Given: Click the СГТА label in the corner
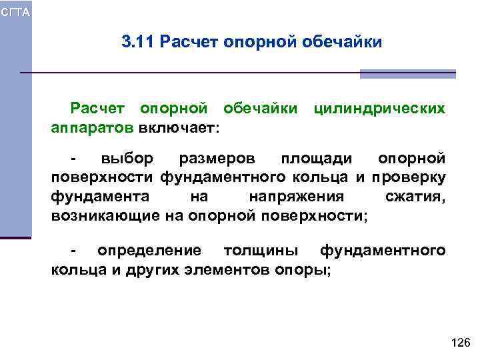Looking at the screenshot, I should coord(15,11).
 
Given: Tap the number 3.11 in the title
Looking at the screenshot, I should coord(137,43).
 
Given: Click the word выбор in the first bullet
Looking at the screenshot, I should coord(127,159).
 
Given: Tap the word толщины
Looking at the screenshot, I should coord(261,251).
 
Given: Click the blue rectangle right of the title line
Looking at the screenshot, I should coord(407,73).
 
